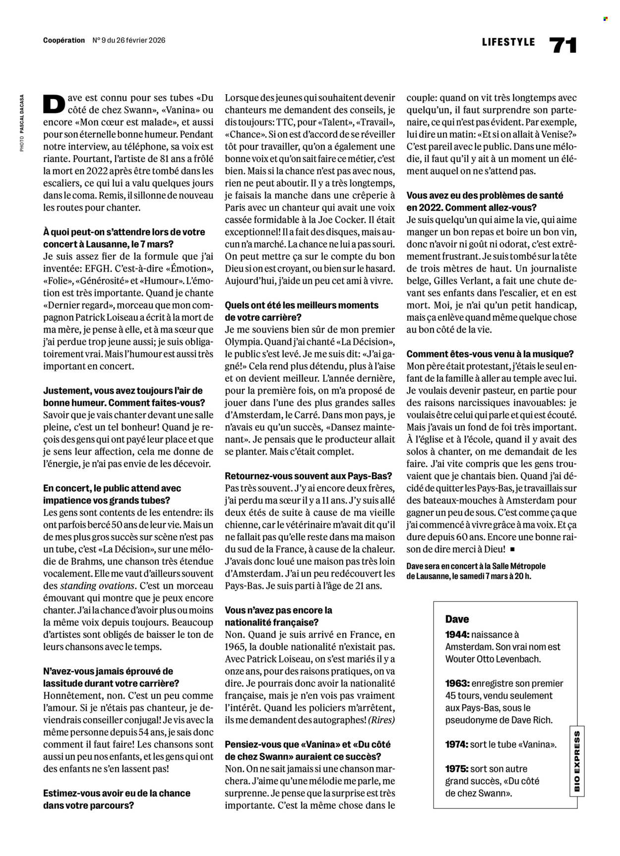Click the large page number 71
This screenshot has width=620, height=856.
coord(563,46)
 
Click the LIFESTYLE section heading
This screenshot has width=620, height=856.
coord(508,42)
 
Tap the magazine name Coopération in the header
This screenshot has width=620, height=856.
coord(64,40)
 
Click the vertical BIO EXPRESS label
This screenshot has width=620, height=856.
coord(577,761)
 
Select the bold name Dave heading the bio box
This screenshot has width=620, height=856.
coord(457,619)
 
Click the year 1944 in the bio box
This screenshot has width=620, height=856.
coord(456,634)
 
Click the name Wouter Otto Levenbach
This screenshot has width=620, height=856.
coord(493,659)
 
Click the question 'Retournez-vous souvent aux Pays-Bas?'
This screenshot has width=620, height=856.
coord(308,476)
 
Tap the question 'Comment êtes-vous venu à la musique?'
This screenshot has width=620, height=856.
coord(490,354)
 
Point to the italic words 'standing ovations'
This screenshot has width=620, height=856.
coord(97,586)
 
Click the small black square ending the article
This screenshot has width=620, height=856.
coord(512,549)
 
